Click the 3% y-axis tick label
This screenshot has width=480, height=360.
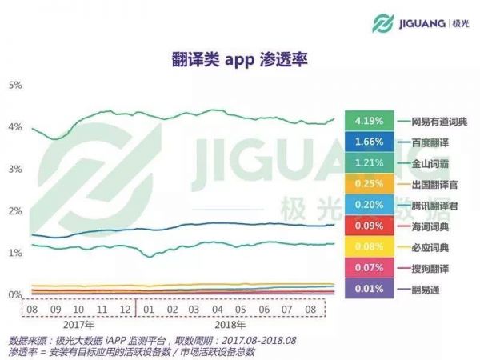(15, 170)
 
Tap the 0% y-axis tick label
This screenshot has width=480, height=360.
(15, 295)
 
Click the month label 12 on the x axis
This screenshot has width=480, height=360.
(125, 308)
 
